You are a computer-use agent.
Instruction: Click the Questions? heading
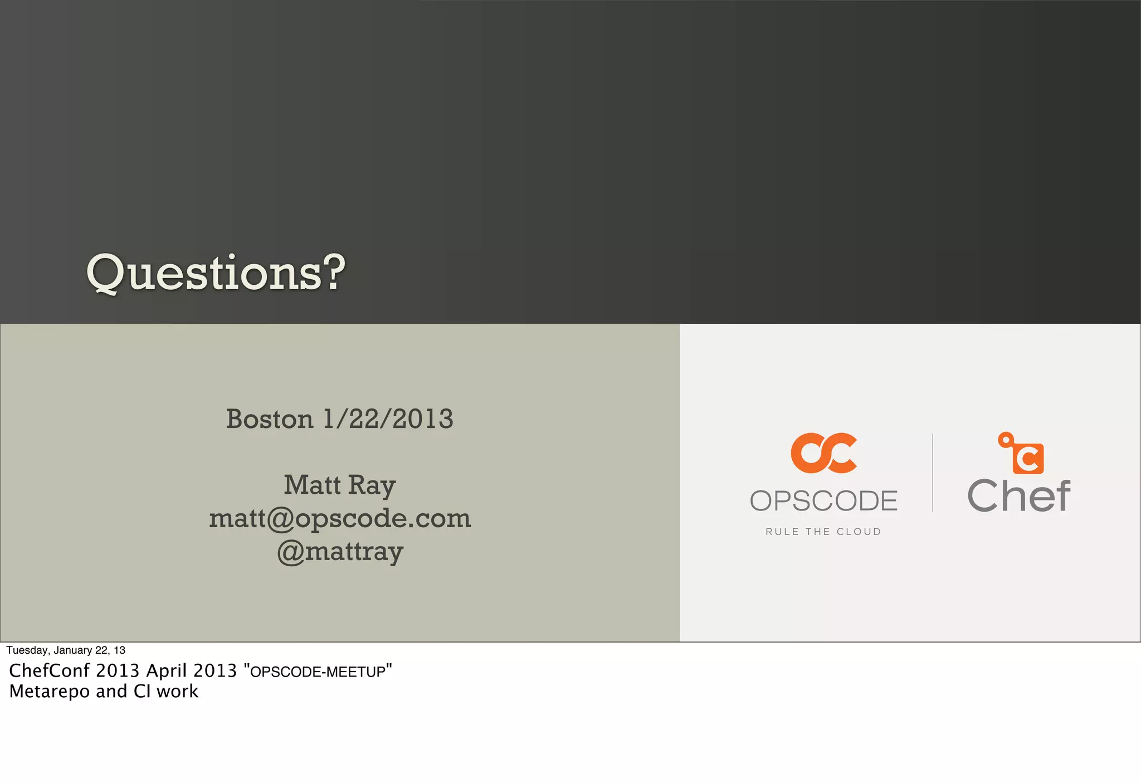tap(216, 273)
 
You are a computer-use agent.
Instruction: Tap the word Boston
tap(270, 419)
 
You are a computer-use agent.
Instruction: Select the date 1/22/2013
tap(388, 419)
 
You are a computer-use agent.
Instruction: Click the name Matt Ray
tap(339, 485)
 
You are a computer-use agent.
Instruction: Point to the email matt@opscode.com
tap(340, 518)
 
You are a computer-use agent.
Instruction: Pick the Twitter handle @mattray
tap(340, 552)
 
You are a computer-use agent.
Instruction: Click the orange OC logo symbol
tap(823, 453)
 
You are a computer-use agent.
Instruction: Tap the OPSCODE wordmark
tap(823, 500)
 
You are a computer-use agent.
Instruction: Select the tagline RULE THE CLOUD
tap(823, 532)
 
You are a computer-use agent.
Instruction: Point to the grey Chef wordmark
tap(1019, 495)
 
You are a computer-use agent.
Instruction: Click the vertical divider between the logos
tap(933, 473)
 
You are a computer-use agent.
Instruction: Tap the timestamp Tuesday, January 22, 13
tap(66, 650)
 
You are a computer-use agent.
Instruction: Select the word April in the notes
tap(166, 671)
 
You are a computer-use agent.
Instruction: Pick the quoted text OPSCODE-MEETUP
tap(318, 672)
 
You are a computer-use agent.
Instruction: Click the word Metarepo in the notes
tap(49, 692)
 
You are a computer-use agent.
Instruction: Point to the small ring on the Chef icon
tap(1005, 440)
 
